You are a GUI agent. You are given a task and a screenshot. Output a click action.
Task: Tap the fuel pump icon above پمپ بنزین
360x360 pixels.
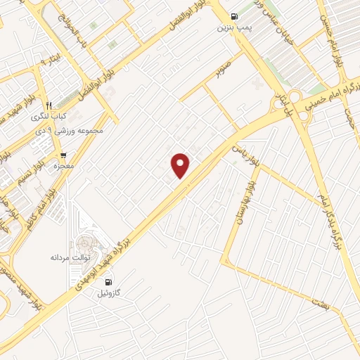233,17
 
